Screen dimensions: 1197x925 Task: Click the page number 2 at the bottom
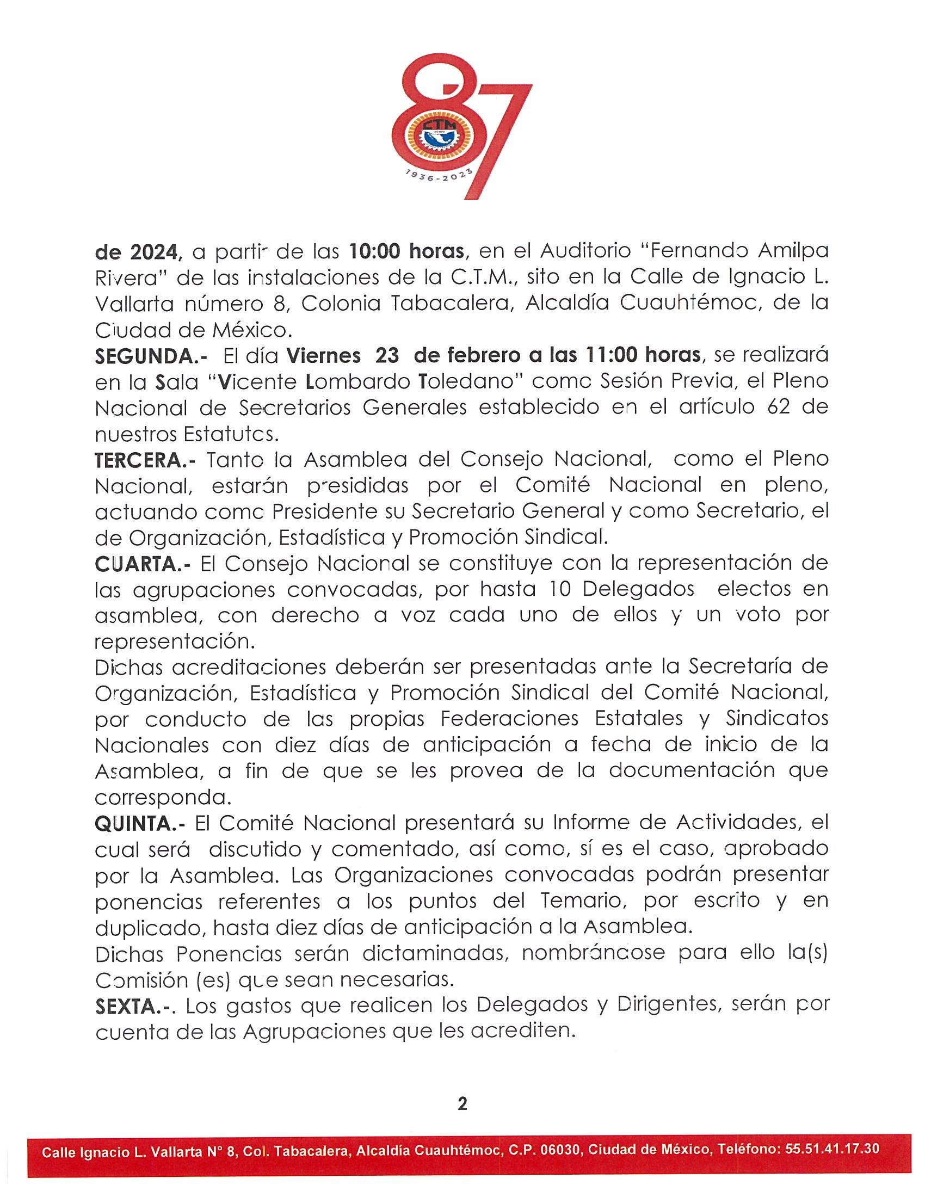[x=462, y=1103]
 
